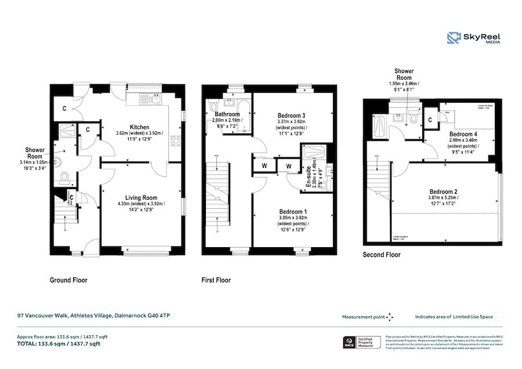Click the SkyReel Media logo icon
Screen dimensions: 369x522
point(454,39)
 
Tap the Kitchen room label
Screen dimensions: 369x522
point(140,127)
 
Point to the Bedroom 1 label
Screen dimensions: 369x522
point(293,211)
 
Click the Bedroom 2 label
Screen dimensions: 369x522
point(444,192)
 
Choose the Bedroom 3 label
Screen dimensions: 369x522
point(291,116)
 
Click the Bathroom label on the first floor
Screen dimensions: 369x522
point(227,114)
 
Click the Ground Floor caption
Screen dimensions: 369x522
point(68,280)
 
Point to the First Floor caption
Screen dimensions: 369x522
point(216,280)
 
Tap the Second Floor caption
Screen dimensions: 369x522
point(381,254)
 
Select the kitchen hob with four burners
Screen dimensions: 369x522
point(176,140)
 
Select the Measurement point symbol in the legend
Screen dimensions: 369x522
point(390,317)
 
